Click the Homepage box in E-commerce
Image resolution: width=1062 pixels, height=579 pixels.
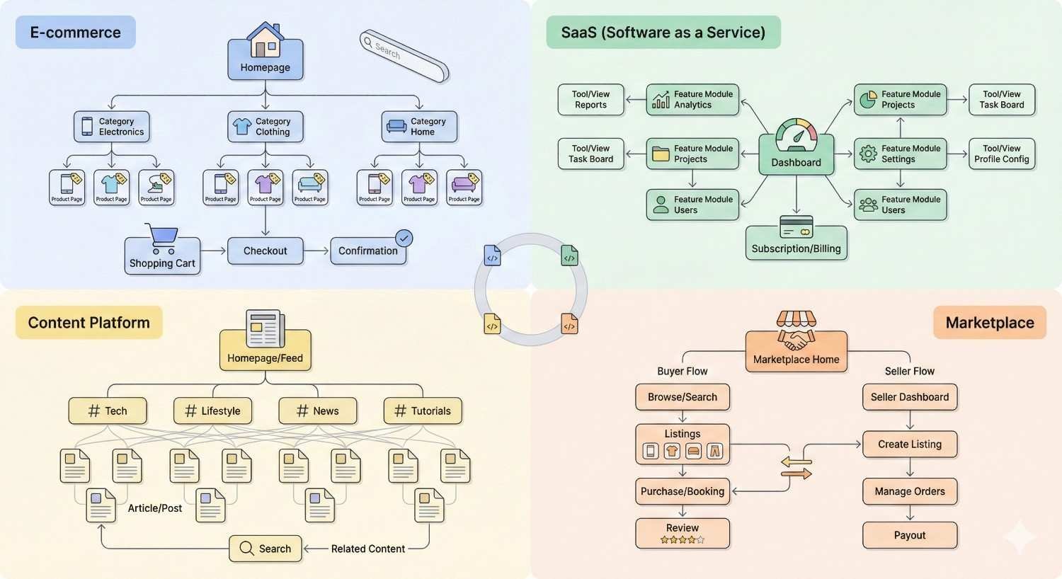265,60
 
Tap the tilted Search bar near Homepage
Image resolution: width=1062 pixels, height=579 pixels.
404,56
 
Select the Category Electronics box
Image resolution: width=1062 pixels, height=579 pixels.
112,127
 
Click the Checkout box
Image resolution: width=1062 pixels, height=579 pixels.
265,251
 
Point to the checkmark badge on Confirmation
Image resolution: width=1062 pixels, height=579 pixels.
404,238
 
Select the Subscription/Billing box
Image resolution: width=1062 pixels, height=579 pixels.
796,243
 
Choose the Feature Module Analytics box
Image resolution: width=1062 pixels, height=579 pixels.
692,100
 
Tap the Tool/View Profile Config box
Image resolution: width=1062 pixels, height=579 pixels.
1001,154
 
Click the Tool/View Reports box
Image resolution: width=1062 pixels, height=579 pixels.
590,100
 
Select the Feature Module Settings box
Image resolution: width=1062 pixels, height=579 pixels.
900,154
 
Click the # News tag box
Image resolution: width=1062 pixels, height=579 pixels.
317,411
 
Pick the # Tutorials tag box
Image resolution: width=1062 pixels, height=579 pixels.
422,411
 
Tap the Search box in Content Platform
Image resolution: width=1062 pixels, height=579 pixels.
265,549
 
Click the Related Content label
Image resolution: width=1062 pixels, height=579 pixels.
367,549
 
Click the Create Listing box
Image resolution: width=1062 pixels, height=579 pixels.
910,444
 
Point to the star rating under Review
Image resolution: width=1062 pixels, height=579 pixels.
682,539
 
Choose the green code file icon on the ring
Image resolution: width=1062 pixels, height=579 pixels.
569,256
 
